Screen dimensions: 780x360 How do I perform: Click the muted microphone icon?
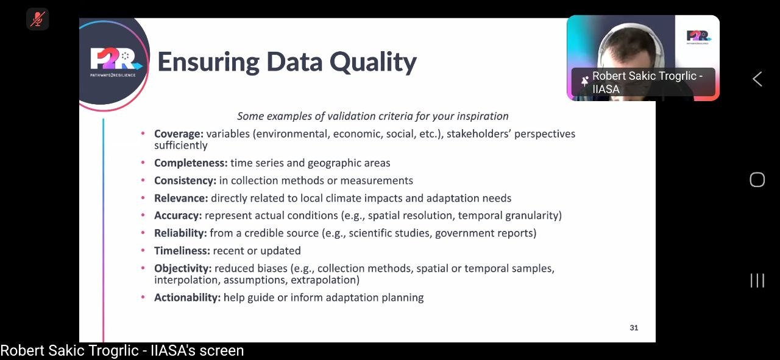[x=38, y=19]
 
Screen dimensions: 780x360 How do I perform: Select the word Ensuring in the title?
[x=208, y=62]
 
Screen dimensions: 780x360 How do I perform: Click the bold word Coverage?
[x=179, y=134]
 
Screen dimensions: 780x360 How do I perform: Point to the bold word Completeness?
[x=191, y=163]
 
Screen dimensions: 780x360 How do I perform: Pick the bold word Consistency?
[x=185, y=181]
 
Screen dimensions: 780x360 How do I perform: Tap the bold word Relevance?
[x=181, y=198]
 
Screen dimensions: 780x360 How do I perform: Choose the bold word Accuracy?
[x=178, y=216]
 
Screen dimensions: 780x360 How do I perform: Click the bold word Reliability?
[x=180, y=233]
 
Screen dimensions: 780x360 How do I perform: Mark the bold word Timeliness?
[x=182, y=251]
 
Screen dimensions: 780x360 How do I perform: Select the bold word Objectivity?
[x=183, y=269]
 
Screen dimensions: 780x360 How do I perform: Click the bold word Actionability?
[x=187, y=298]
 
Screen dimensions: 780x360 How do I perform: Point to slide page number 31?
[x=634, y=328]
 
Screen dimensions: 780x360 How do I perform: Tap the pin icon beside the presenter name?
[x=584, y=82]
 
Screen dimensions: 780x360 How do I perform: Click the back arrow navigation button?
[x=757, y=79]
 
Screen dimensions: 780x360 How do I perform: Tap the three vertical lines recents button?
[x=757, y=280]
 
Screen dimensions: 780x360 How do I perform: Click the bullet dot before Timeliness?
[x=143, y=250]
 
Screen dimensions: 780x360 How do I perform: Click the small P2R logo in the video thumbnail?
[x=698, y=37]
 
